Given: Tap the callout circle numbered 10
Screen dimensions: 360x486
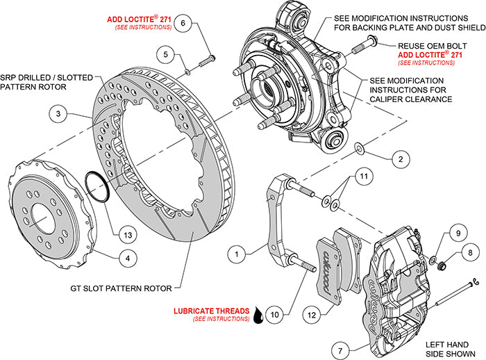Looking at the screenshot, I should [274, 314].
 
